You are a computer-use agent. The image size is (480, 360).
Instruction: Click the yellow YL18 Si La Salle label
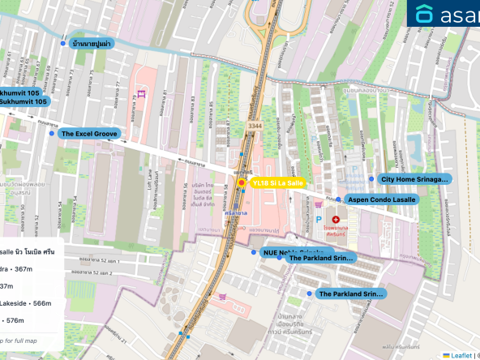[x=277, y=183]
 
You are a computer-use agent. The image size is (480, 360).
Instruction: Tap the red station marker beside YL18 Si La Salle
[x=241, y=184]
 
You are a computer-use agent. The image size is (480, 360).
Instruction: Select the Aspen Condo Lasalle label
[x=380, y=199]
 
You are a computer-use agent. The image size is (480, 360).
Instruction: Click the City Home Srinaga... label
[x=414, y=178]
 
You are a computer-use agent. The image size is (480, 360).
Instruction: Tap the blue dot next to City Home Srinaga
[x=372, y=178]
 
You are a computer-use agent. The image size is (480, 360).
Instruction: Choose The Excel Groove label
[x=89, y=134]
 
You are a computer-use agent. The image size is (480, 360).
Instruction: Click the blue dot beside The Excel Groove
[x=52, y=134]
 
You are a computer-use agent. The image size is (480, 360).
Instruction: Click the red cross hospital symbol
[x=336, y=220]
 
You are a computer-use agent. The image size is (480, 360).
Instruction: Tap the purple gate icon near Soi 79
[x=141, y=94]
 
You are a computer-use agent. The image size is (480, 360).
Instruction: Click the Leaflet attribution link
[x=461, y=354]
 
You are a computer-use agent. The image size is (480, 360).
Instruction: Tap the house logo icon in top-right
[x=425, y=14]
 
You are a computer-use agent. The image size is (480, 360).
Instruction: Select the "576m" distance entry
[x=16, y=321]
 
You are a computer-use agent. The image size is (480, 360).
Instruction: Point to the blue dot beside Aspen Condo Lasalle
[x=339, y=199]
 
